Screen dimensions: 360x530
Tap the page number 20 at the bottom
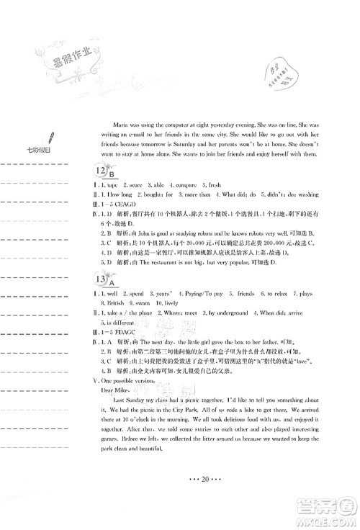pos(181,498)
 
